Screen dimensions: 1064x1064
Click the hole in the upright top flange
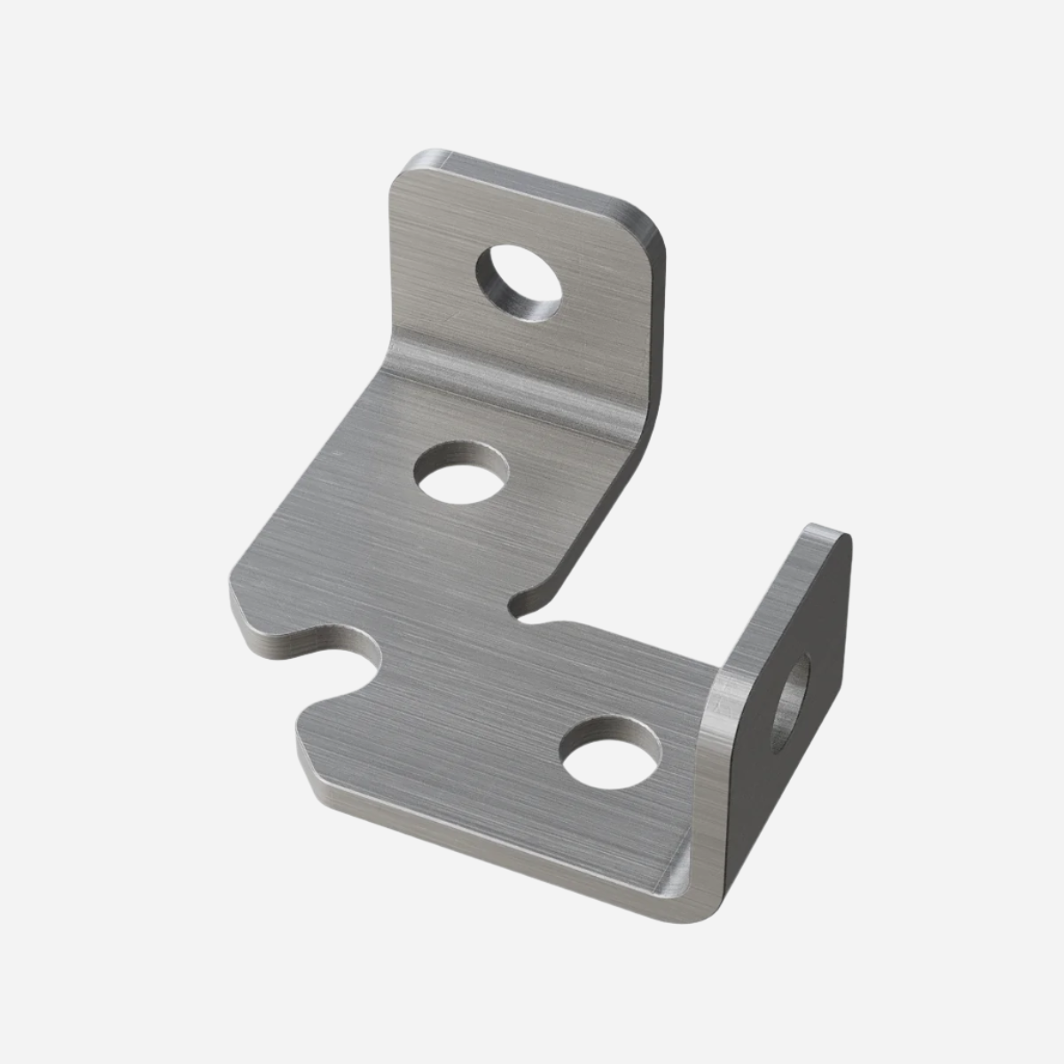pos(519,282)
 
